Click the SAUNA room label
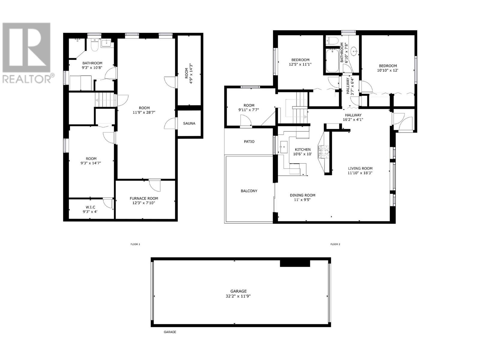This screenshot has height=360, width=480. pyautogui.click(x=189, y=124)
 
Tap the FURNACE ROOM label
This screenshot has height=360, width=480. pyautogui.click(x=144, y=199)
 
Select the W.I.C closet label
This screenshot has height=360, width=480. pyautogui.click(x=90, y=207)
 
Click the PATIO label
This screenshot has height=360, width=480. pyautogui.click(x=249, y=142)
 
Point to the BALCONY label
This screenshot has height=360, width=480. pyautogui.click(x=249, y=191)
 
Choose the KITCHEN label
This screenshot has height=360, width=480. pyautogui.click(x=303, y=149)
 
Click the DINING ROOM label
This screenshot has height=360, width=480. pyautogui.click(x=302, y=195)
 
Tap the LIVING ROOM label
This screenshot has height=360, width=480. pyautogui.click(x=360, y=169)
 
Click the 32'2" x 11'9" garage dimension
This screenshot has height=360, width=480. pyautogui.click(x=238, y=296)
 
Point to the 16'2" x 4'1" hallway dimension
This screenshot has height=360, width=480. pyautogui.click(x=353, y=120)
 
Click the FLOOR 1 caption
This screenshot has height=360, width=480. pyautogui.click(x=135, y=244)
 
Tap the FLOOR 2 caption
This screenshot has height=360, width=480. pyautogui.click(x=335, y=244)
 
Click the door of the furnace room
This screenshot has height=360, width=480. pyautogui.click(x=155, y=185)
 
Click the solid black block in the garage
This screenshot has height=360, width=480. pyautogui.click(x=295, y=263)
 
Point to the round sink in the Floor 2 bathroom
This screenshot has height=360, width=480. pyautogui.click(x=354, y=52)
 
